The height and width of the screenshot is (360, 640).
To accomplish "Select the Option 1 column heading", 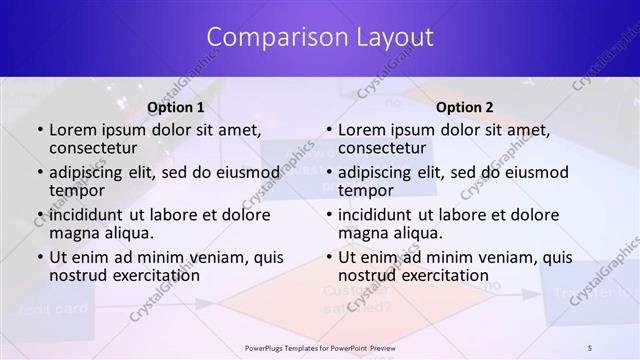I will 176,108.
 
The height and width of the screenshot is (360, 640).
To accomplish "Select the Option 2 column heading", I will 465,108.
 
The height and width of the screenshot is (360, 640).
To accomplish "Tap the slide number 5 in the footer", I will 590,347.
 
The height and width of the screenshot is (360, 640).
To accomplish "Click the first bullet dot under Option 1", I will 40,130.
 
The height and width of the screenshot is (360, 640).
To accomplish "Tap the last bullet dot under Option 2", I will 329,257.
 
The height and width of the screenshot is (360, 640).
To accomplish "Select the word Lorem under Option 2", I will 361,129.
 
